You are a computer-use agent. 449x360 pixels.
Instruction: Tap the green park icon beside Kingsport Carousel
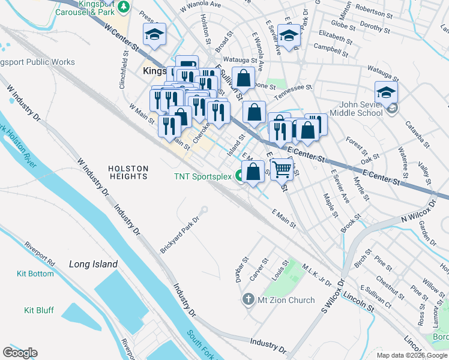point(124,6)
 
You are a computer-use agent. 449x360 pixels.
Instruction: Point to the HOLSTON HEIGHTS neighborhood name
point(128,172)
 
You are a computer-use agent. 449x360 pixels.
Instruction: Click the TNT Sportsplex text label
point(203,176)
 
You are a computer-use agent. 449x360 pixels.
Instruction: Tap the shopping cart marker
point(281,169)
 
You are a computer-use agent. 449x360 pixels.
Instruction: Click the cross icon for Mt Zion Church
point(249,299)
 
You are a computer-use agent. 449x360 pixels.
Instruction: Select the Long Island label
point(93,264)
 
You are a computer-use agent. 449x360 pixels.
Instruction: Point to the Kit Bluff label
point(38,310)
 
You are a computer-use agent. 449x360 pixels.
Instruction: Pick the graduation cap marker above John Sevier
point(386,92)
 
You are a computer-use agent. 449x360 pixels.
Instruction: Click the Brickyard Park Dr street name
point(179,235)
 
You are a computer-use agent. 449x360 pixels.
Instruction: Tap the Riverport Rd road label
point(39,254)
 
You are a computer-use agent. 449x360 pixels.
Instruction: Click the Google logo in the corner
point(20,353)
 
